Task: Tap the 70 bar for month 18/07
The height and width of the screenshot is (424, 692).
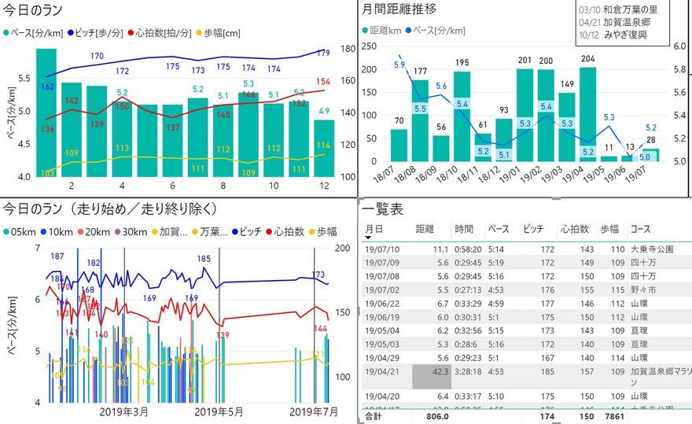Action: (399, 146)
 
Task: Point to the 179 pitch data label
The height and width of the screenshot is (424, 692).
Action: (323, 53)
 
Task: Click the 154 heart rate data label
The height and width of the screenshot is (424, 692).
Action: (323, 82)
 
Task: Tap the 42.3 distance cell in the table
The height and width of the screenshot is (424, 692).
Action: (432, 370)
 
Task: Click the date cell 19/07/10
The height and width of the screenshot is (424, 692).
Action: (384, 249)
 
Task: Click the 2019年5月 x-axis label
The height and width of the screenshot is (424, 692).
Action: (218, 412)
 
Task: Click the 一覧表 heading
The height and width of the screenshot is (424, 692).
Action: (384, 208)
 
